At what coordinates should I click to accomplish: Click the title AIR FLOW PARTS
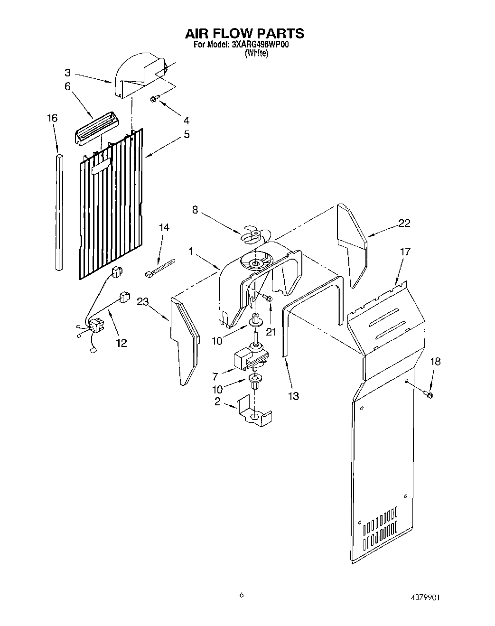(244, 33)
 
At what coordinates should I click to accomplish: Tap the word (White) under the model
(256, 54)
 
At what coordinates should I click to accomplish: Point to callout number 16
(52, 118)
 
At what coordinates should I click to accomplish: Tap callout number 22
(404, 223)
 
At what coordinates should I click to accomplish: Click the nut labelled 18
(429, 395)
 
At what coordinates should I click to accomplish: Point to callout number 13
(293, 395)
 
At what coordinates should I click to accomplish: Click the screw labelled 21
(268, 298)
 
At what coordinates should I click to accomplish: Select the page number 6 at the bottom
(242, 595)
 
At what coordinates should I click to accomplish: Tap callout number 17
(405, 252)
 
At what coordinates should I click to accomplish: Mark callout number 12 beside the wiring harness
(121, 342)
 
